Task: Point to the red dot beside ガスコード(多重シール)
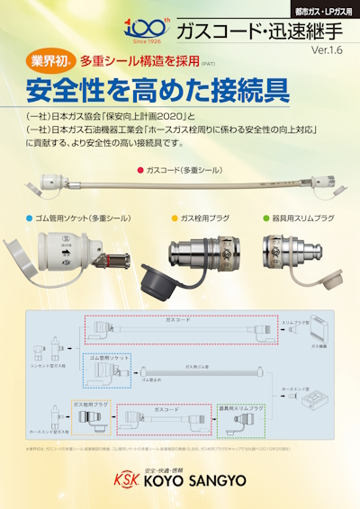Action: pyautogui.click(x=139, y=169)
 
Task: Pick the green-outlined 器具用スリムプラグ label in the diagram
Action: pyautogui.click(x=242, y=407)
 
